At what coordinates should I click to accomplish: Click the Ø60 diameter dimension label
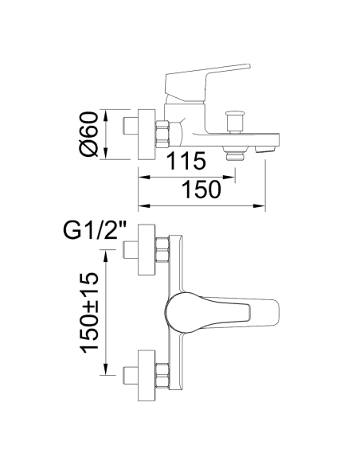coord(88,134)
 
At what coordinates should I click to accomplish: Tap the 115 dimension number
coord(186,161)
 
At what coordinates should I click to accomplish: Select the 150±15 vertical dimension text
coord(88,312)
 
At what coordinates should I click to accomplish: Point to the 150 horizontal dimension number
coord(202,190)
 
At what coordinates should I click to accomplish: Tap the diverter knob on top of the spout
coord(235,122)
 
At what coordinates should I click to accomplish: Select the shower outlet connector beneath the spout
coord(235,153)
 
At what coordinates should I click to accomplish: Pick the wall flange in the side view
coord(147,135)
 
